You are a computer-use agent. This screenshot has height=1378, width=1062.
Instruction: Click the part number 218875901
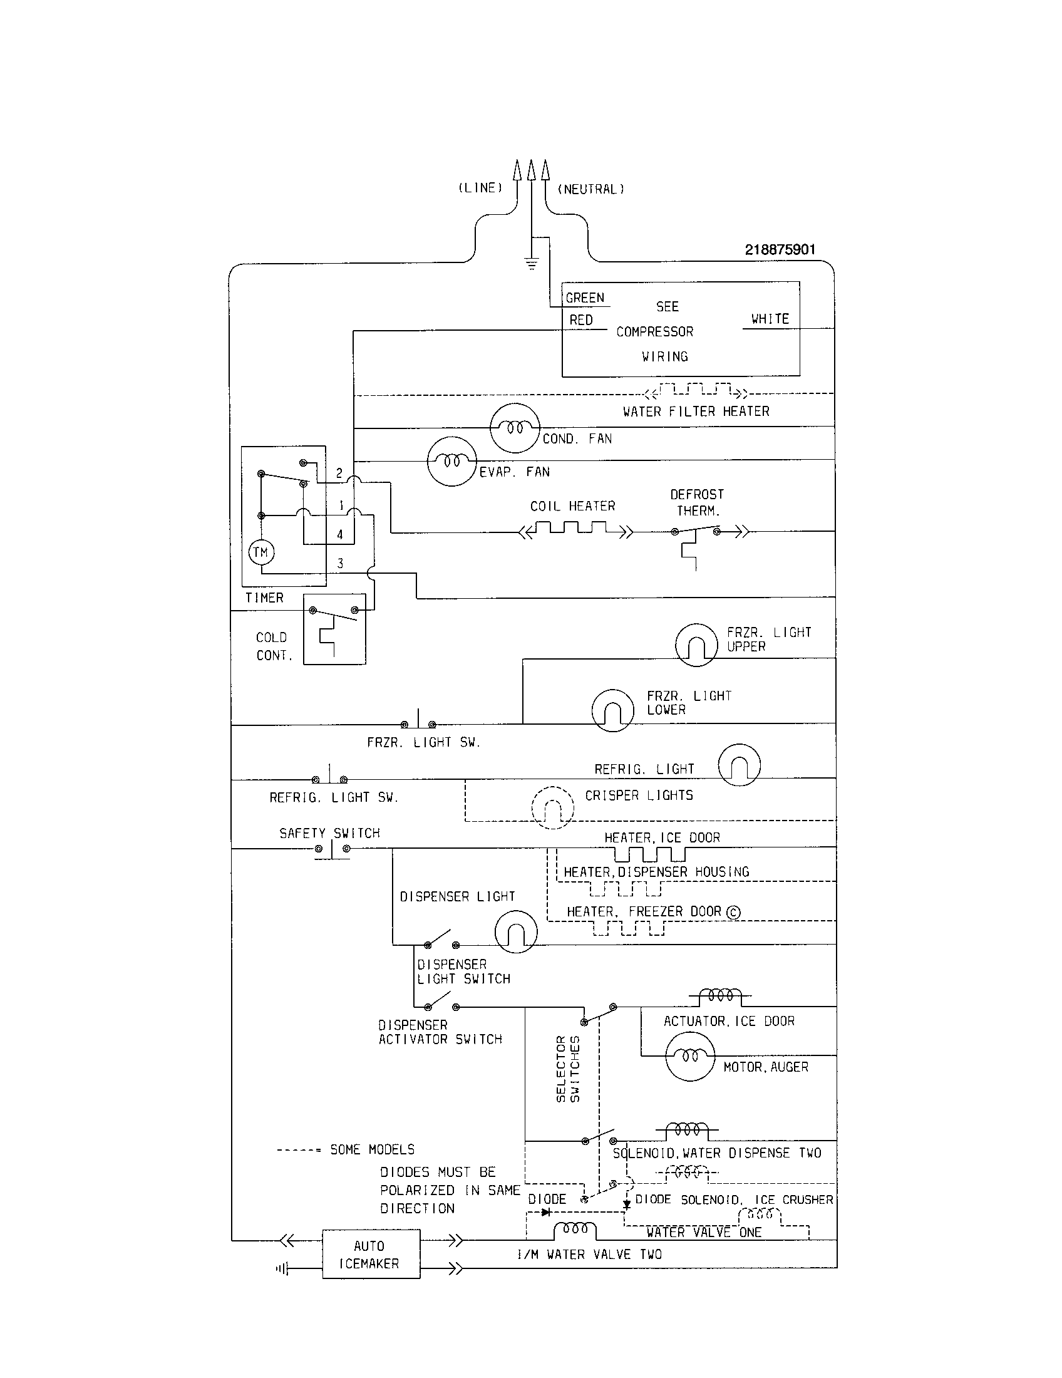[780, 249]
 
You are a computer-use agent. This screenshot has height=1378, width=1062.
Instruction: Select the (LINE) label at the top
[480, 188]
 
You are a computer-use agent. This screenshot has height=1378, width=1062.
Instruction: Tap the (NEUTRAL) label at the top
[591, 189]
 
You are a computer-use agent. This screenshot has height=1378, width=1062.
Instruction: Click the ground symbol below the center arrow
[532, 264]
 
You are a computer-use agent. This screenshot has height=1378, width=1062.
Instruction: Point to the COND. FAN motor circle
[515, 428]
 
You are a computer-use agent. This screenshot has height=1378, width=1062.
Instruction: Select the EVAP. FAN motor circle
[451, 461]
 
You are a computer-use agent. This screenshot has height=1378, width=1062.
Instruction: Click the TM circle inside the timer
[260, 552]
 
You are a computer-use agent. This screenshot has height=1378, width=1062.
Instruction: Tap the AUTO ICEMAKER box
[371, 1255]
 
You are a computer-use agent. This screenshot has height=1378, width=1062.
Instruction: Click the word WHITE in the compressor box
[770, 319]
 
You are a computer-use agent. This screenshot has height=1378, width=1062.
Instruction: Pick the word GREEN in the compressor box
[585, 298]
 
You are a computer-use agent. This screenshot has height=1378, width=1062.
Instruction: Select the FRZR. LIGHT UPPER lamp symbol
[696, 645]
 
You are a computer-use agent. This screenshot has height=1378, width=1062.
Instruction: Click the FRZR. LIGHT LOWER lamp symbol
[612, 710]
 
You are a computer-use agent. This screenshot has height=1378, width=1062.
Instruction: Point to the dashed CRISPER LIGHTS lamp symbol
[552, 807]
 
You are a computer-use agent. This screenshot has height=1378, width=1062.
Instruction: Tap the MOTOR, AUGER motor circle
[690, 1056]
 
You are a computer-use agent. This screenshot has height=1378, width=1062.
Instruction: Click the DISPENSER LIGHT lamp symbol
[516, 932]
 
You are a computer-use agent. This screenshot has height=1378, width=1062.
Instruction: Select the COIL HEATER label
[572, 506]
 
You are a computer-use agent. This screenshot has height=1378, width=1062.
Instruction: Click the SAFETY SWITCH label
[329, 833]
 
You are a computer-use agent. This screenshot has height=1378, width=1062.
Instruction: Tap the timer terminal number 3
[340, 564]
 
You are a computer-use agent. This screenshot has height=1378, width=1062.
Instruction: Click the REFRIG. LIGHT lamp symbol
[739, 765]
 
